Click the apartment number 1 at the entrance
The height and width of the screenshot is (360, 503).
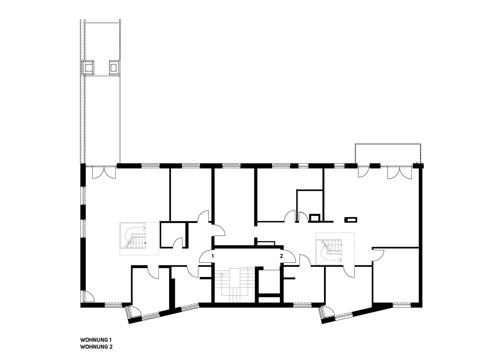(x=213, y=256)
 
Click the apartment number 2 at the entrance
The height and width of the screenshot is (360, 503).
(x=281, y=256)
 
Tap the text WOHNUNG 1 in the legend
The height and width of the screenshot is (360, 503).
(x=96, y=340)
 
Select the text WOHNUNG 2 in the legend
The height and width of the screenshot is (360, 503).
(x=96, y=347)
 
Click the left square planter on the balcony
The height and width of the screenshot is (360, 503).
(x=88, y=67)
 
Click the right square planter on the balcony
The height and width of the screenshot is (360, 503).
(x=114, y=67)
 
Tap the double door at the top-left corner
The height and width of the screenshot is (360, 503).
(x=104, y=172)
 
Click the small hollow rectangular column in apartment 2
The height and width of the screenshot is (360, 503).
(x=351, y=220)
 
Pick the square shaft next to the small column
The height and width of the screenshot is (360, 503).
(x=315, y=218)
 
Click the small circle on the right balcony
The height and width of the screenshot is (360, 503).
(x=417, y=162)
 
